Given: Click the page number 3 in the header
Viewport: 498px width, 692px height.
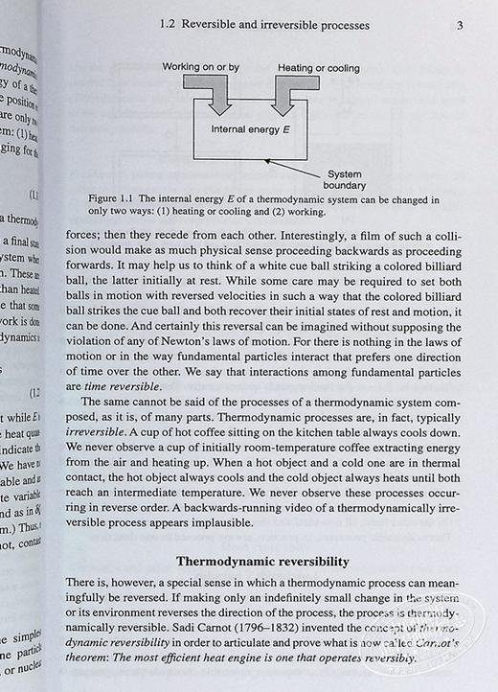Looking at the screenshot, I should [x=460, y=25].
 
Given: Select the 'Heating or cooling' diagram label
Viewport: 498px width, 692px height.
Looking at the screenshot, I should [x=319, y=68].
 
